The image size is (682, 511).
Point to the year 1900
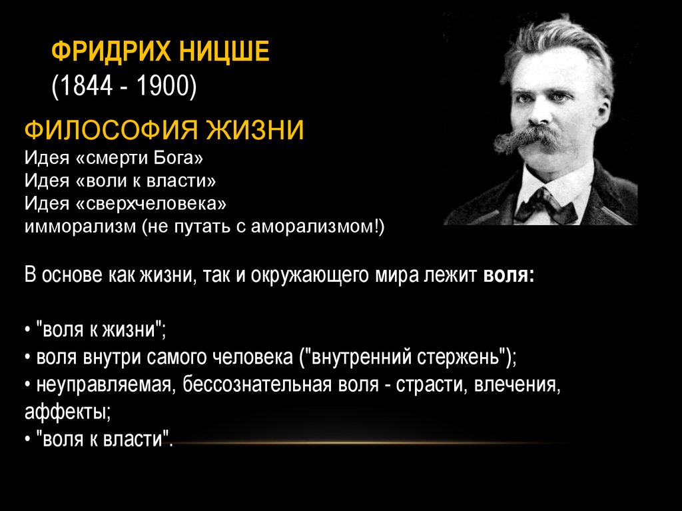[x=163, y=85]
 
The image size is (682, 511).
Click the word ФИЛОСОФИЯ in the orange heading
[x=111, y=129]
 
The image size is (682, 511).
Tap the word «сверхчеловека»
[x=151, y=203]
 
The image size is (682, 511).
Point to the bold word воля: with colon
[x=509, y=276]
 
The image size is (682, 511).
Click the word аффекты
[x=67, y=412]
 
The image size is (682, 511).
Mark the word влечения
[x=517, y=385]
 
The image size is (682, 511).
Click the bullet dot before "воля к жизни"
[x=28, y=330]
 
